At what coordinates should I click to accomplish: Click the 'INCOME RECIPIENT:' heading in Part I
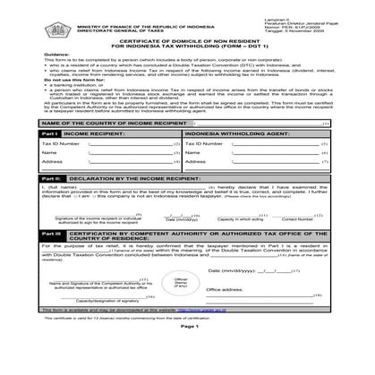[93, 132]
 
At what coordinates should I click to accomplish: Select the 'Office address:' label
[225, 289]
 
